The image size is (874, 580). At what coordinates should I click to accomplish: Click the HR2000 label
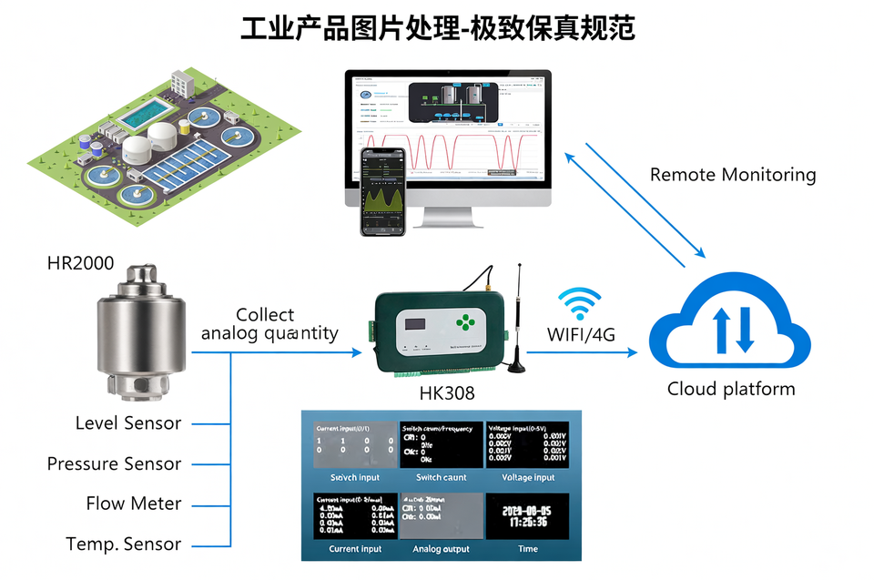point(80,264)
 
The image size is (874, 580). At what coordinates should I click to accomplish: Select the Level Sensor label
point(127,423)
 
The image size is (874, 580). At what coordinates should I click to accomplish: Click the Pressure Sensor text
point(114,463)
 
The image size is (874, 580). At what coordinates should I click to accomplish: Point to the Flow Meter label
point(134,504)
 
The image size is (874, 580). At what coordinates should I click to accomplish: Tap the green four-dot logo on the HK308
point(466,322)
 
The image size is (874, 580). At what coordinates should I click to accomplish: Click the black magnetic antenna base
point(517,367)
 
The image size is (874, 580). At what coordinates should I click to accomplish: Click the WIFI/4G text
point(581,334)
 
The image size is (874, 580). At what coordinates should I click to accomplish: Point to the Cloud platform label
point(730,390)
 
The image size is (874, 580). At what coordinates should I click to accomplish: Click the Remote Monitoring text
point(733,175)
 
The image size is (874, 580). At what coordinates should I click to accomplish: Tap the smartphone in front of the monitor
point(382,191)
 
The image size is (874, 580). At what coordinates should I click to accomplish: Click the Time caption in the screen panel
point(527,549)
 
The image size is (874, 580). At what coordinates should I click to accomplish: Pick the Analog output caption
point(441,549)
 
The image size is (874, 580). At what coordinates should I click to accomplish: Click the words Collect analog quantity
point(269,324)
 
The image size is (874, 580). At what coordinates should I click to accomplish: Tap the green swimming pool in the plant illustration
point(145,114)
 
